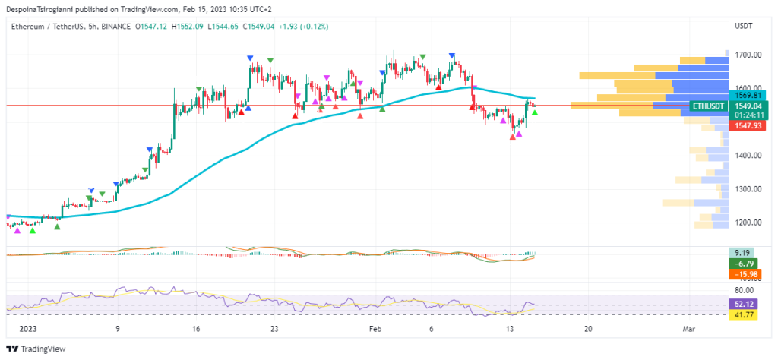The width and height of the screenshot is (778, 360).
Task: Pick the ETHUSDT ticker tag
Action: [707, 106]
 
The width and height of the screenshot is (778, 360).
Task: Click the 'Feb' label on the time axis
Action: [374, 330]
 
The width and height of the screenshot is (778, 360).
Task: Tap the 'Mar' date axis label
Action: [689, 330]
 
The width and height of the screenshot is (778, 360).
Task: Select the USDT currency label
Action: [744, 26]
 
